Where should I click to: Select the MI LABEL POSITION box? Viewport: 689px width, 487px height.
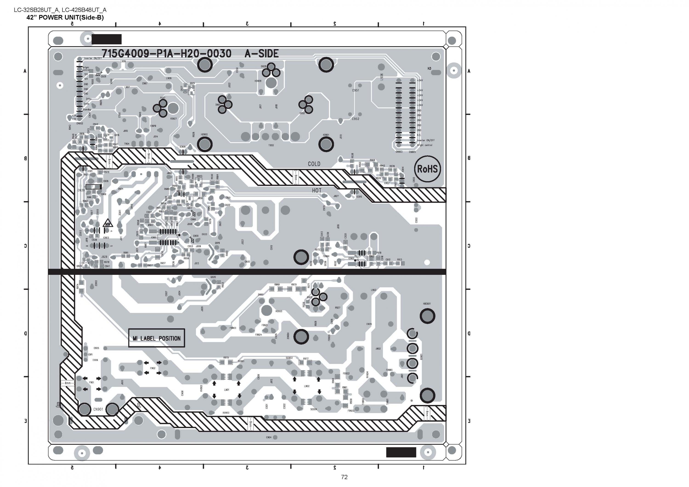coord(156,338)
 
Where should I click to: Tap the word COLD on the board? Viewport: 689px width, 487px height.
coord(314,164)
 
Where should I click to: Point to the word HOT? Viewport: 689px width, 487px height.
coord(316,191)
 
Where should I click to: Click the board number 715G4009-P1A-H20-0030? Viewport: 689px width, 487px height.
coord(167,54)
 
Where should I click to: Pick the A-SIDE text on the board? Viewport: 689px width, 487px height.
coord(262,54)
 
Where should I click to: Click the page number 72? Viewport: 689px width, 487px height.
coord(344,477)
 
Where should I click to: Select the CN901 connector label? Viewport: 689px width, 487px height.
coord(98,409)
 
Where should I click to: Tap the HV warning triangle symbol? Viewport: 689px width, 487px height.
coord(107,224)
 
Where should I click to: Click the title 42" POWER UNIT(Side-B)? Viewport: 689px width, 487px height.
coord(65,17)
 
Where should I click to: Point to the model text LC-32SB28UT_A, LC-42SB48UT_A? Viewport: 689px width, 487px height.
coord(60,10)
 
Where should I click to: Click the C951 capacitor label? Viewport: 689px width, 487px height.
coord(355,90)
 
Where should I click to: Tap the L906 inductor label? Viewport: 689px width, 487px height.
coord(382,77)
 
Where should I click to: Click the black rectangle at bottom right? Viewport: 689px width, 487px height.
coord(401,452)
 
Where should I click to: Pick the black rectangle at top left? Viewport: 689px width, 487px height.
coord(107,39)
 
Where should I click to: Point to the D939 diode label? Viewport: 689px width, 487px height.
coord(81,190)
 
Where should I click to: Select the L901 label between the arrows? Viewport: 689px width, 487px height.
coord(226,390)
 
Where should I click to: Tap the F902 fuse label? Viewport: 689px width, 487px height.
coord(153,368)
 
